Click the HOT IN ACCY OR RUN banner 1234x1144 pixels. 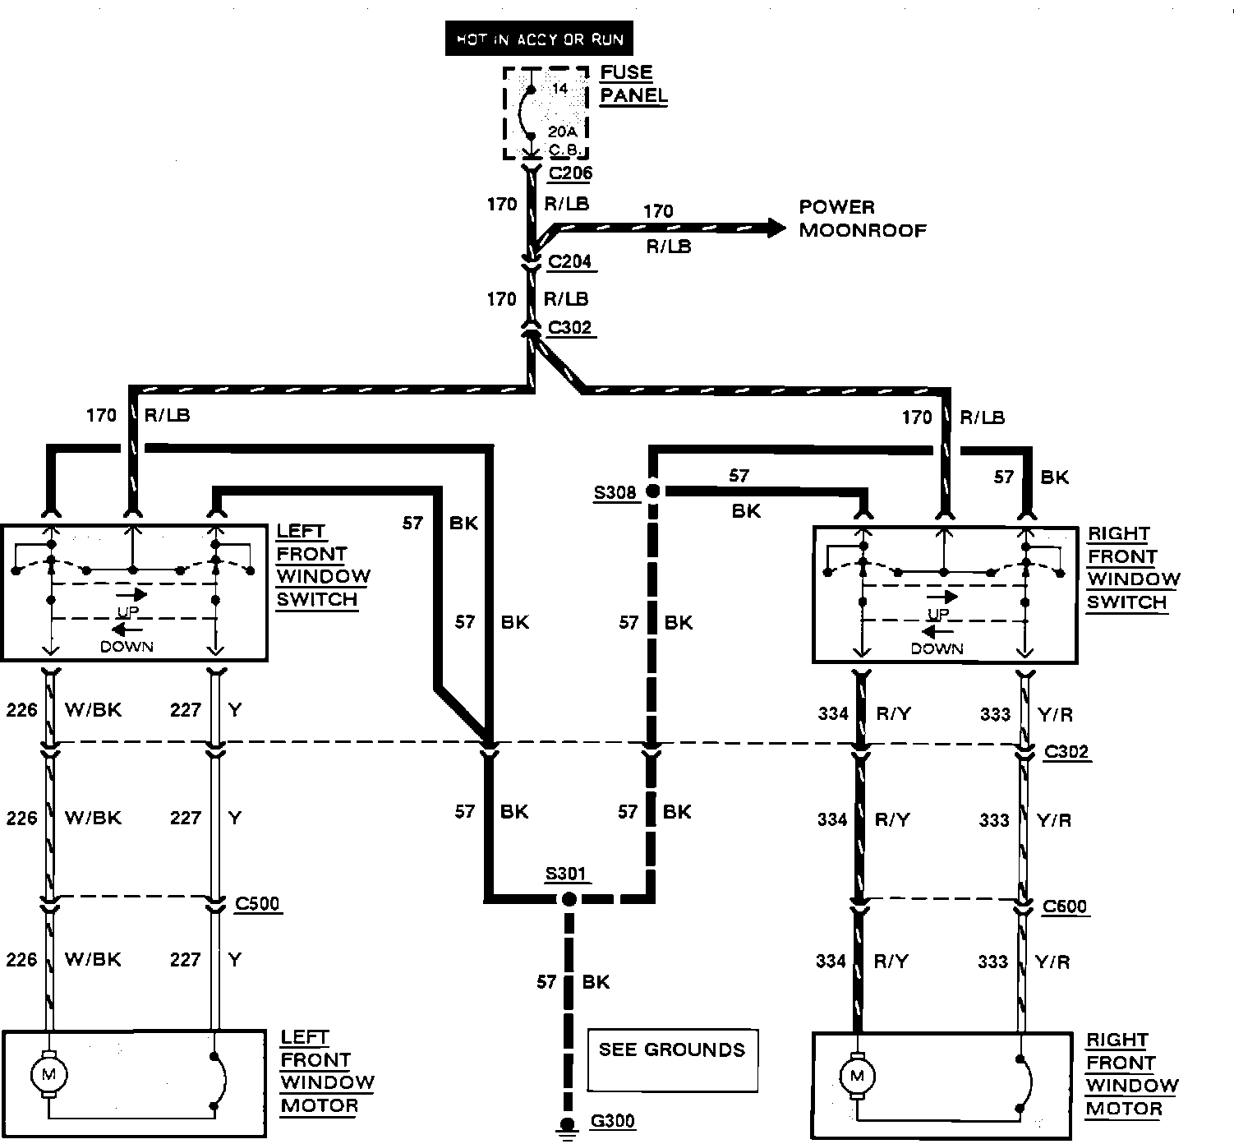[539, 39]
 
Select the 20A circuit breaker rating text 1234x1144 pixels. [563, 132]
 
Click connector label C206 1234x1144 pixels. [570, 173]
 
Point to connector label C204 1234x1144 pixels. [569, 262]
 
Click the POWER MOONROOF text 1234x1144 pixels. [862, 219]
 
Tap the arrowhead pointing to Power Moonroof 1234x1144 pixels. [775, 228]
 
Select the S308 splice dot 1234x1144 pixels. [653, 491]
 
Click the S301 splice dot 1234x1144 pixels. [569, 899]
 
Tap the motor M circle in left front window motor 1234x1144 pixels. [48, 1072]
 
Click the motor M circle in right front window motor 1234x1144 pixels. [858, 1075]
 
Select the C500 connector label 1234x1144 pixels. [257, 904]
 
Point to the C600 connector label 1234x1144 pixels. [1065, 906]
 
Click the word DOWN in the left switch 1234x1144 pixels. [127, 647]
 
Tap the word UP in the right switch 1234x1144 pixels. [937, 615]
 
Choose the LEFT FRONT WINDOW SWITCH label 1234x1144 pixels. [322, 565]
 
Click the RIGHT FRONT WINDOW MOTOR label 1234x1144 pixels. [1132, 1074]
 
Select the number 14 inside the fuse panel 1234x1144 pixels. [559, 89]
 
